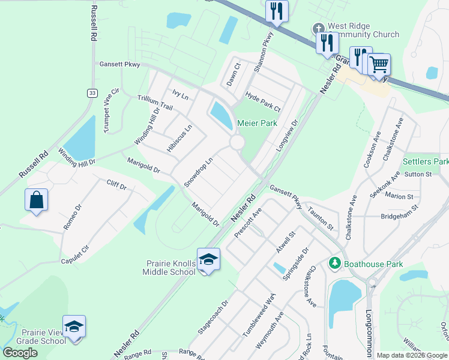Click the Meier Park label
(x=256, y=122)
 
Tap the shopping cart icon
(x=379, y=64)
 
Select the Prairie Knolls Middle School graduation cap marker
(x=208, y=259)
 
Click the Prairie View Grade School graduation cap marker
(x=74, y=326)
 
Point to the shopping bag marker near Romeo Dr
(x=36, y=200)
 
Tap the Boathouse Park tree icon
(x=334, y=263)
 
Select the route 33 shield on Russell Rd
(x=91, y=93)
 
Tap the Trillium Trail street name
(x=155, y=103)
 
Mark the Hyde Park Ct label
(x=262, y=101)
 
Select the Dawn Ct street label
(x=234, y=74)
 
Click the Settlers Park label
(x=425, y=162)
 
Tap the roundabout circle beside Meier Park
(x=237, y=143)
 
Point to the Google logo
(x=20, y=353)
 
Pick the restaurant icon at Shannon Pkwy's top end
(x=276, y=11)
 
